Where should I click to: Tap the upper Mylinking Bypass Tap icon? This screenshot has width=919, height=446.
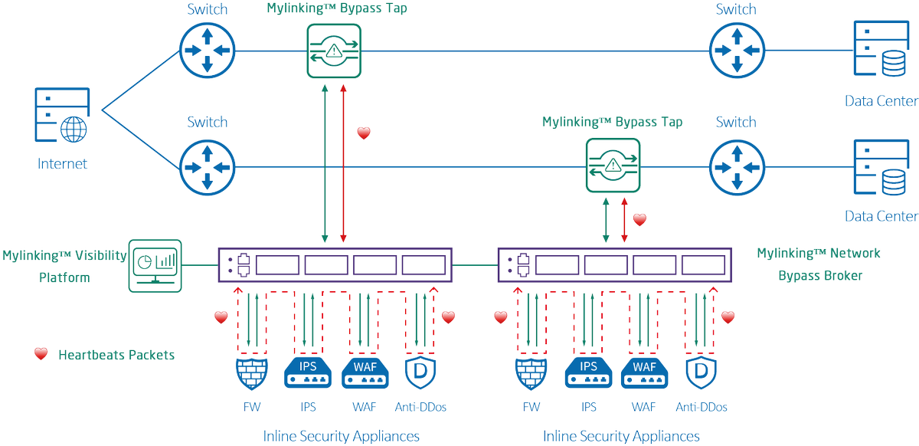click(334, 51)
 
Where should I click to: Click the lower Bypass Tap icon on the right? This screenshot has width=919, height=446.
click(612, 165)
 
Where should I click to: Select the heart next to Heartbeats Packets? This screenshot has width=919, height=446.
click(41, 354)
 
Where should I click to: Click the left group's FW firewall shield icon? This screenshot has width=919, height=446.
click(250, 373)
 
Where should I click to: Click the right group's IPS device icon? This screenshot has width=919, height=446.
click(588, 373)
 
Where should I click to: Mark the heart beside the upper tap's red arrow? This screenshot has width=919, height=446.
click(364, 133)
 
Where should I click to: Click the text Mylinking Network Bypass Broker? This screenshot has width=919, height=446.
click(819, 264)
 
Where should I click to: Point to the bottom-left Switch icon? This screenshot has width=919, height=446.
click(207, 165)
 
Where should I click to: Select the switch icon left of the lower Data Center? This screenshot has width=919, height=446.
click(736, 165)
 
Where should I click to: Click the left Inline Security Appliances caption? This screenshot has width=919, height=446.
click(341, 435)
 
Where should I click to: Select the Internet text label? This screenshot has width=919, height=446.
click(62, 163)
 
